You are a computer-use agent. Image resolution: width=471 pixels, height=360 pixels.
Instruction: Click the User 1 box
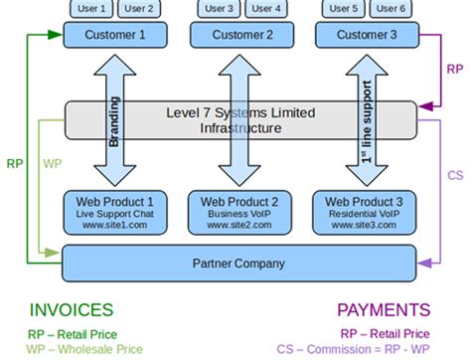point(93,8)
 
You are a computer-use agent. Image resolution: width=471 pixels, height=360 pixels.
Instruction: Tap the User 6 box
point(389,8)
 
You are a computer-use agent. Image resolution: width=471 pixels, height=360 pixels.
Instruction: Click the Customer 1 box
point(115,35)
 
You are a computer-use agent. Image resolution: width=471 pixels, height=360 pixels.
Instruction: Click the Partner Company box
point(239,264)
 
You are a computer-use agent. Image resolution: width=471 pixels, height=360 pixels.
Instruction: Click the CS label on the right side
point(454,175)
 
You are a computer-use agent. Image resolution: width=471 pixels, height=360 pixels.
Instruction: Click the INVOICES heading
point(71,310)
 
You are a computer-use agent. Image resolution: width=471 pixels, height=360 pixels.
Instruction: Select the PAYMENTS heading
point(384,310)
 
